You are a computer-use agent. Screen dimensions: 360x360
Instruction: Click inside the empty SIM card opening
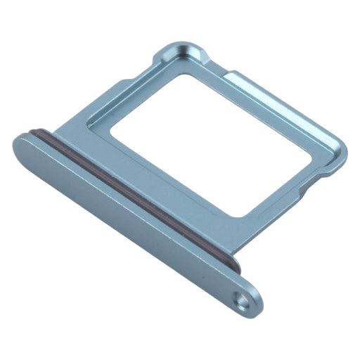[211, 141]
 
